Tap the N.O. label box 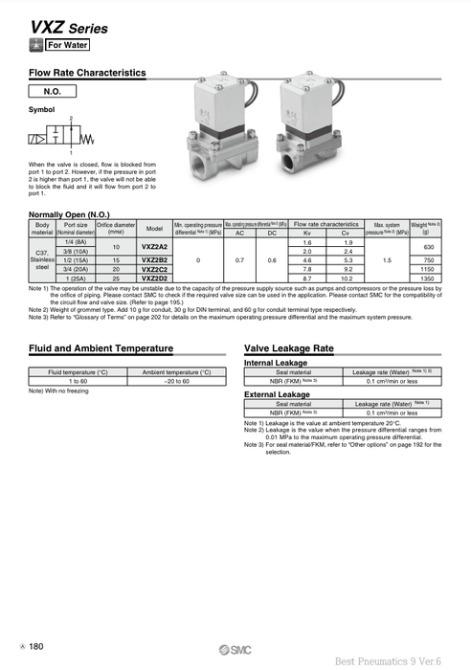click(x=53, y=92)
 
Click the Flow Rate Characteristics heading click(x=87, y=72)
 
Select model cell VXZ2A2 click(x=154, y=247)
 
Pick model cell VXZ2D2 click(x=154, y=278)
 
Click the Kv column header click(x=307, y=233)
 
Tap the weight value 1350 click(x=427, y=278)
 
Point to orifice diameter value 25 click(x=116, y=278)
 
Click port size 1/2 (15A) click(x=72, y=260)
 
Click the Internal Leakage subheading click(x=277, y=363)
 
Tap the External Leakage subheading click(x=277, y=393)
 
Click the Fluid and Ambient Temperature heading click(x=101, y=348)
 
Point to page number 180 click(x=36, y=648)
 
